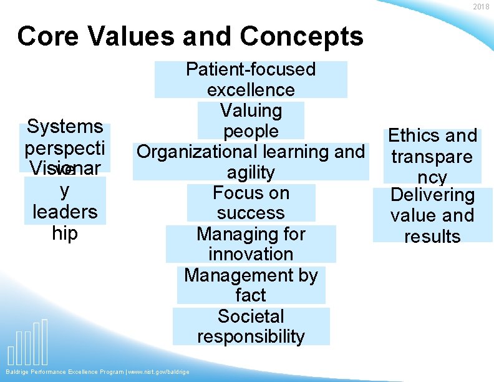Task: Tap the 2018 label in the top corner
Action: (x=481, y=7)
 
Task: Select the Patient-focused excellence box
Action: (x=251, y=79)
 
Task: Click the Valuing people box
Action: (x=251, y=120)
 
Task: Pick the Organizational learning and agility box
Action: (x=251, y=162)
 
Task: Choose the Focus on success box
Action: (x=251, y=203)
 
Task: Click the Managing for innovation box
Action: (x=251, y=244)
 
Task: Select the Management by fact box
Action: (x=251, y=285)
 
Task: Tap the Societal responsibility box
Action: (x=251, y=326)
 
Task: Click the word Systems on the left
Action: (x=65, y=127)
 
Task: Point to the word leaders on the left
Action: (x=65, y=212)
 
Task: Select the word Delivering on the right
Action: (x=432, y=195)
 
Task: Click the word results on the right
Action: (x=432, y=237)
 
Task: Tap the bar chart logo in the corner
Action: (x=29, y=343)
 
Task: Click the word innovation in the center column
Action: (x=251, y=254)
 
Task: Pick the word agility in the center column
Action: (x=251, y=172)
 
